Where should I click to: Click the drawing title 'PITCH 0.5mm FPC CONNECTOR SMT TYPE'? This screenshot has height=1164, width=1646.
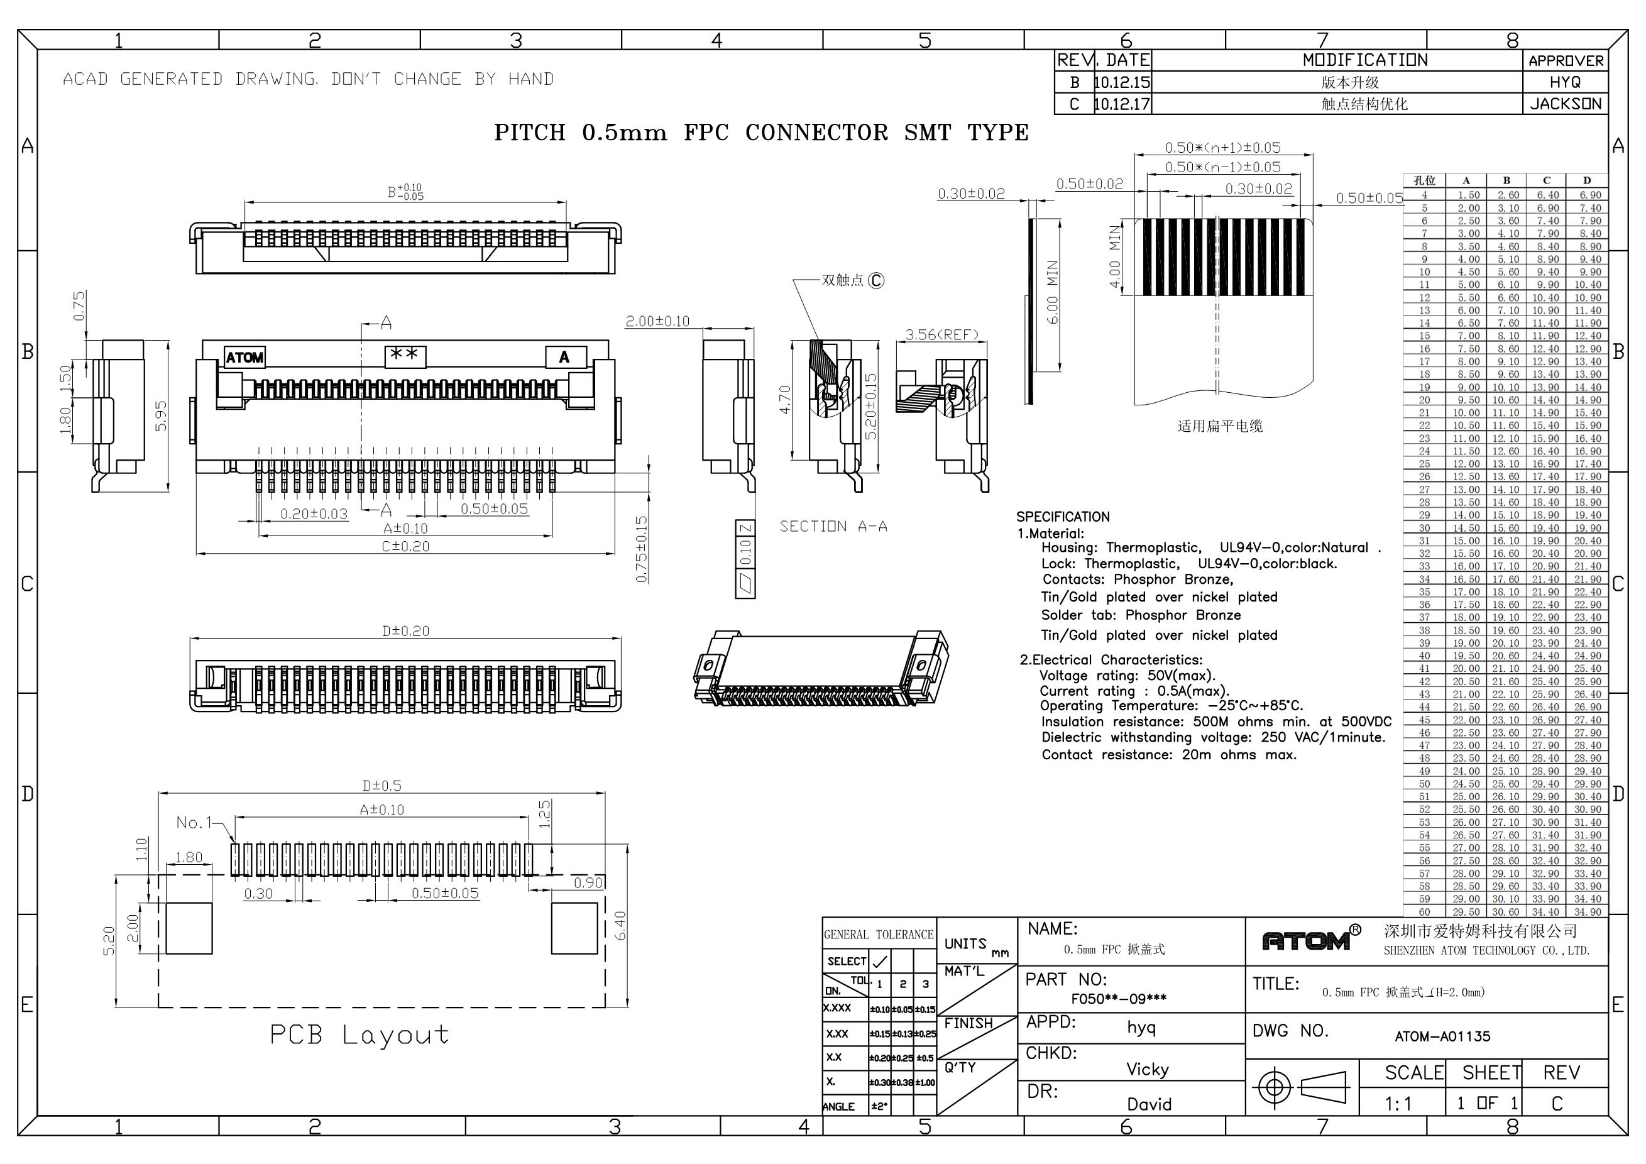click(761, 133)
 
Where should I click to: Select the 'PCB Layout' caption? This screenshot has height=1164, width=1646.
click(360, 1035)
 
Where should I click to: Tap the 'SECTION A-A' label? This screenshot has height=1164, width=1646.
click(834, 527)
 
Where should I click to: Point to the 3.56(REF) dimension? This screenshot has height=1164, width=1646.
click(941, 335)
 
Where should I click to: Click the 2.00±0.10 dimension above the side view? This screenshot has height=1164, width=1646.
click(657, 321)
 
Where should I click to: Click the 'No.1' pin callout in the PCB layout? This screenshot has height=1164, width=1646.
click(194, 822)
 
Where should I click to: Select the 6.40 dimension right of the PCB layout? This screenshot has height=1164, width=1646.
click(621, 925)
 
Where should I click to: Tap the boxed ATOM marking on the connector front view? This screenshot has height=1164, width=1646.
click(244, 357)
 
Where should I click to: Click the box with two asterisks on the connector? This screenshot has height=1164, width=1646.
click(406, 356)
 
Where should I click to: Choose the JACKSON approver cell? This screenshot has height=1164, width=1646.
click(1566, 104)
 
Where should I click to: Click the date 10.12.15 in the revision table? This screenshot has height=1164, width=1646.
click(1122, 82)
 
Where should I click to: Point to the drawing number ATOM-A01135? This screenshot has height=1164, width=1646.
click(1442, 1036)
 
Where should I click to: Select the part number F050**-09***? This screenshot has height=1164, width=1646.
click(1118, 999)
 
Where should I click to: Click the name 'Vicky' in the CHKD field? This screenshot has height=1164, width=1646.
click(1147, 1069)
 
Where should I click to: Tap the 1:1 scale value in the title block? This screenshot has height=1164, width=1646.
click(1398, 1104)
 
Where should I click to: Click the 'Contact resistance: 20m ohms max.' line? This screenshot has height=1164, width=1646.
click(1169, 755)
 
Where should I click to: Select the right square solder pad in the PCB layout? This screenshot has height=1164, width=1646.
click(574, 928)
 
